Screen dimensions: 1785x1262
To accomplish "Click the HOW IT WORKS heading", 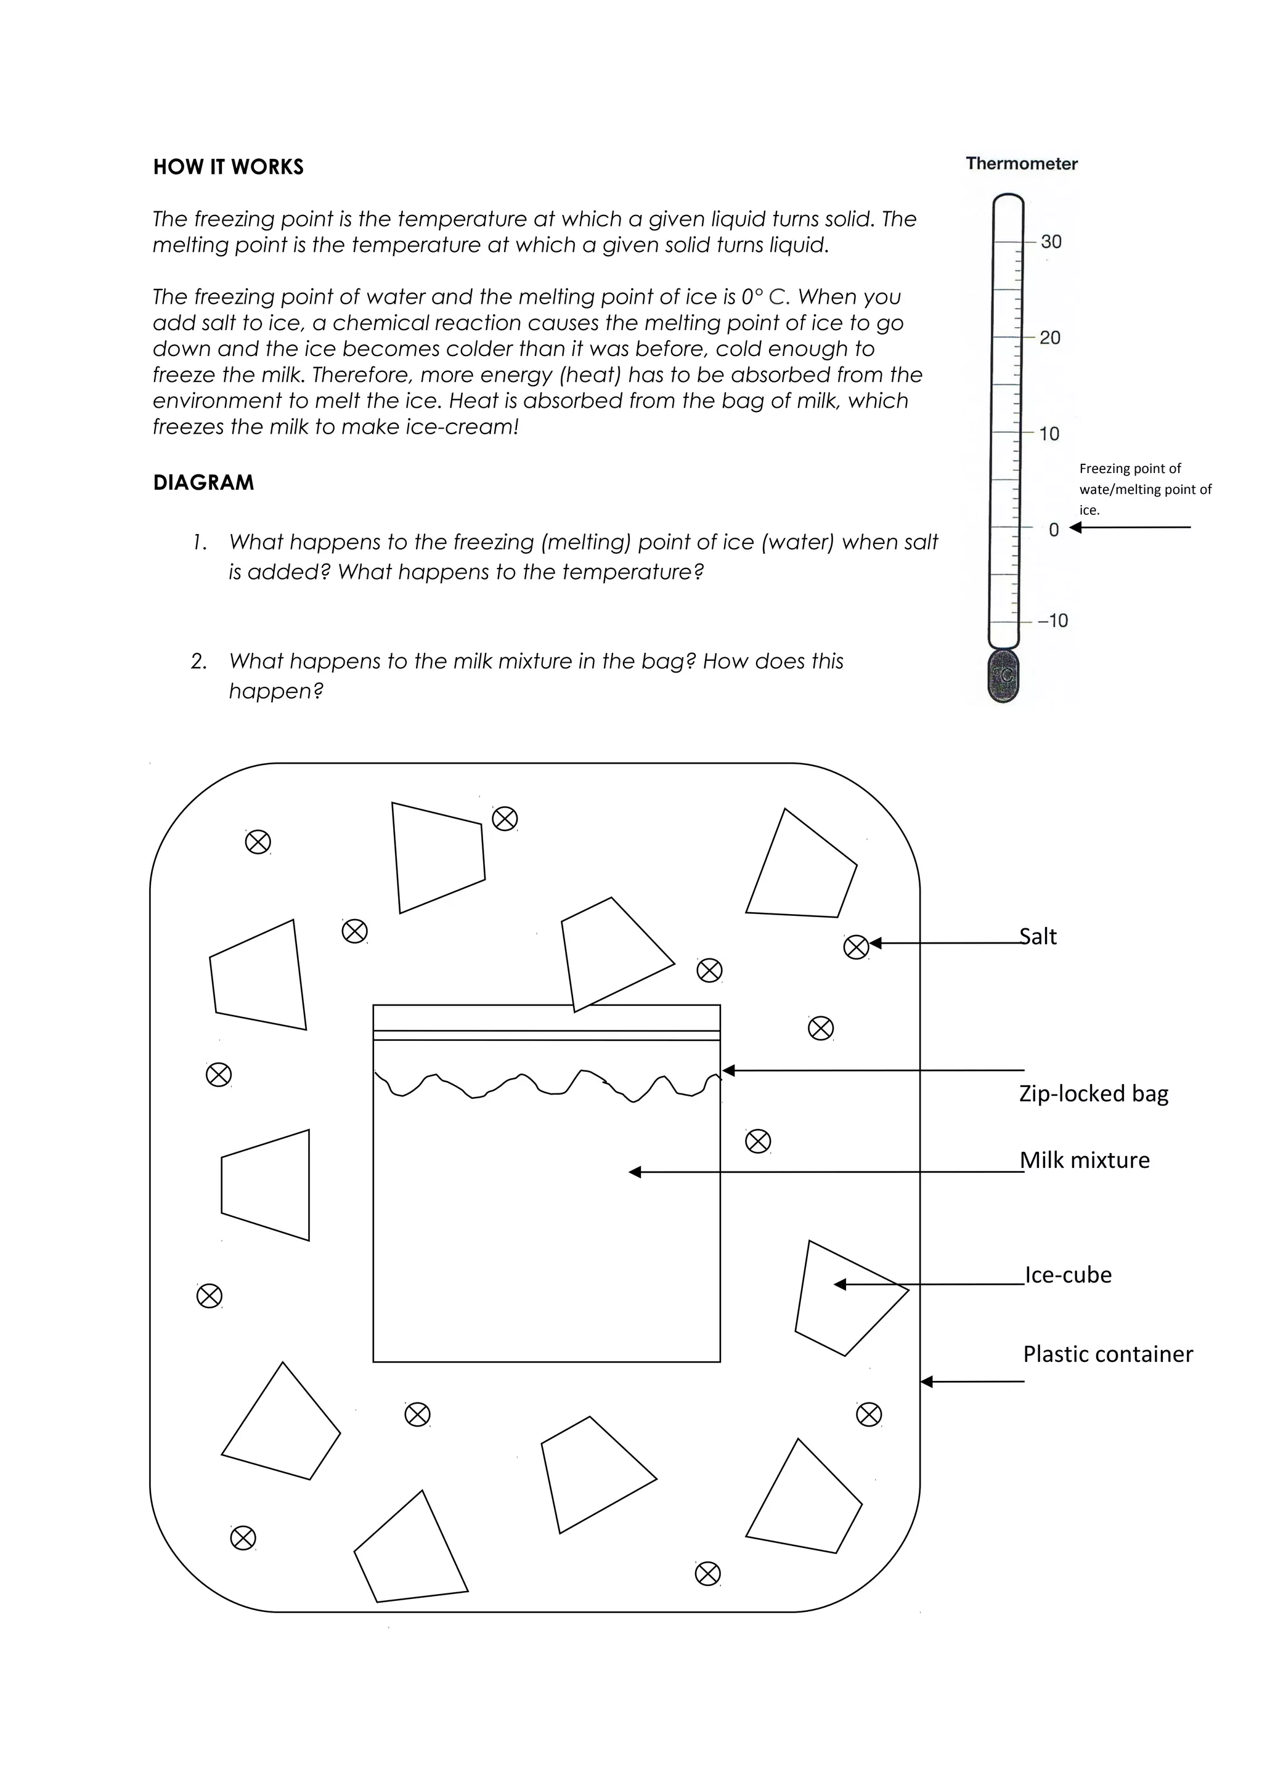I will [228, 167].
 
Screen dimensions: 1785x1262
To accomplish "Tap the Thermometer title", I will [1021, 164].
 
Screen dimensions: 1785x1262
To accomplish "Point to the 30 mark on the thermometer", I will [1051, 242].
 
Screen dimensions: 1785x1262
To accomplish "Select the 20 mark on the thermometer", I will [1050, 338].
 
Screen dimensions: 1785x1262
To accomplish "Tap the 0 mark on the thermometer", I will [1054, 530].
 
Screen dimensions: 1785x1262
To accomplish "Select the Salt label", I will [1038, 937].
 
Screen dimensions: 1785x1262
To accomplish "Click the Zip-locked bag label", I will [1093, 1094].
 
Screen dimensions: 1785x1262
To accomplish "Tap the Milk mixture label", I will [1084, 1160].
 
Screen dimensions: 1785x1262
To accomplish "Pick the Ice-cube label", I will [1068, 1275].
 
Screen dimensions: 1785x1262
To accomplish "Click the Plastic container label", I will [1107, 1354].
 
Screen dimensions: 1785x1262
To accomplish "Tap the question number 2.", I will [198, 662].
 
